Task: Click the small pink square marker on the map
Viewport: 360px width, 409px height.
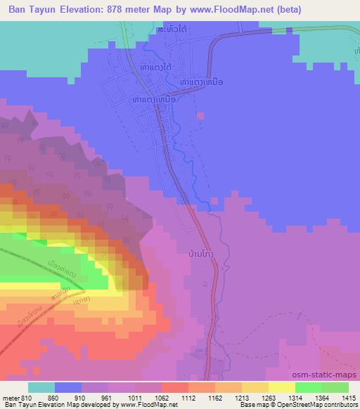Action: pos(201,117)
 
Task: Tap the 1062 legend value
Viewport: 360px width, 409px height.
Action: pos(161,397)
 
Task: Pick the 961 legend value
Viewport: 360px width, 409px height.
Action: pos(108,397)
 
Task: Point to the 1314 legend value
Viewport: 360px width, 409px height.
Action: pos(294,397)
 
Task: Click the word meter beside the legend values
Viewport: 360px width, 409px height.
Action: pos(11,397)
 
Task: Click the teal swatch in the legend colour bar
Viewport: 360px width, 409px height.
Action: pos(41,387)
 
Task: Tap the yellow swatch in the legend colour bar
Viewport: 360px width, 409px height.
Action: pos(281,387)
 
